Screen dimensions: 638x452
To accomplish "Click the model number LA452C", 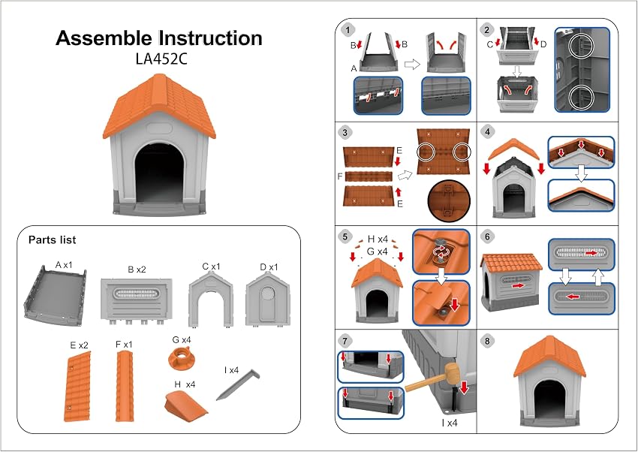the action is tap(161, 59).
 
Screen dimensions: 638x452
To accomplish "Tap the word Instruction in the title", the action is tap(210, 38).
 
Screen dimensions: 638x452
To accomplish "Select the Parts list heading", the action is tap(52, 240).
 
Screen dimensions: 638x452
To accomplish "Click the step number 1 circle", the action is tap(347, 30).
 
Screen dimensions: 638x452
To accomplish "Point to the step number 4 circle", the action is tap(487, 131).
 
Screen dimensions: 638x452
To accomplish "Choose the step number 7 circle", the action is tap(345, 341).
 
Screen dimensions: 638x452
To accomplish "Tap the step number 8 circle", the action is tap(487, 341).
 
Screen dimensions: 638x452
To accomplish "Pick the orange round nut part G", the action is tap(181, 358).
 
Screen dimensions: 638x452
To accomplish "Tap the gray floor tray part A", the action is tap(55, 295).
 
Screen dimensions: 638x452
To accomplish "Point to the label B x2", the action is tap(137, 270).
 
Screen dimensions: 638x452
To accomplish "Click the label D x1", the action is tap(269, 267).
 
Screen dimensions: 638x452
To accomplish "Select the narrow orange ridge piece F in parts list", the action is tap(124, 386).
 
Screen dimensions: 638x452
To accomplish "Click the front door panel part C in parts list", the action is tap(211, 300).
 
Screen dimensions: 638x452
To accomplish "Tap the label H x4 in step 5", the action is tap(378, 240).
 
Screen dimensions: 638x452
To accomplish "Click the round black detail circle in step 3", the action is tap(449, 201).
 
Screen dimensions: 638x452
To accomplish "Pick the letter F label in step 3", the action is tap(340, 176).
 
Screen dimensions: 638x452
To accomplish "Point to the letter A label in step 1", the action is tap(354, 69).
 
